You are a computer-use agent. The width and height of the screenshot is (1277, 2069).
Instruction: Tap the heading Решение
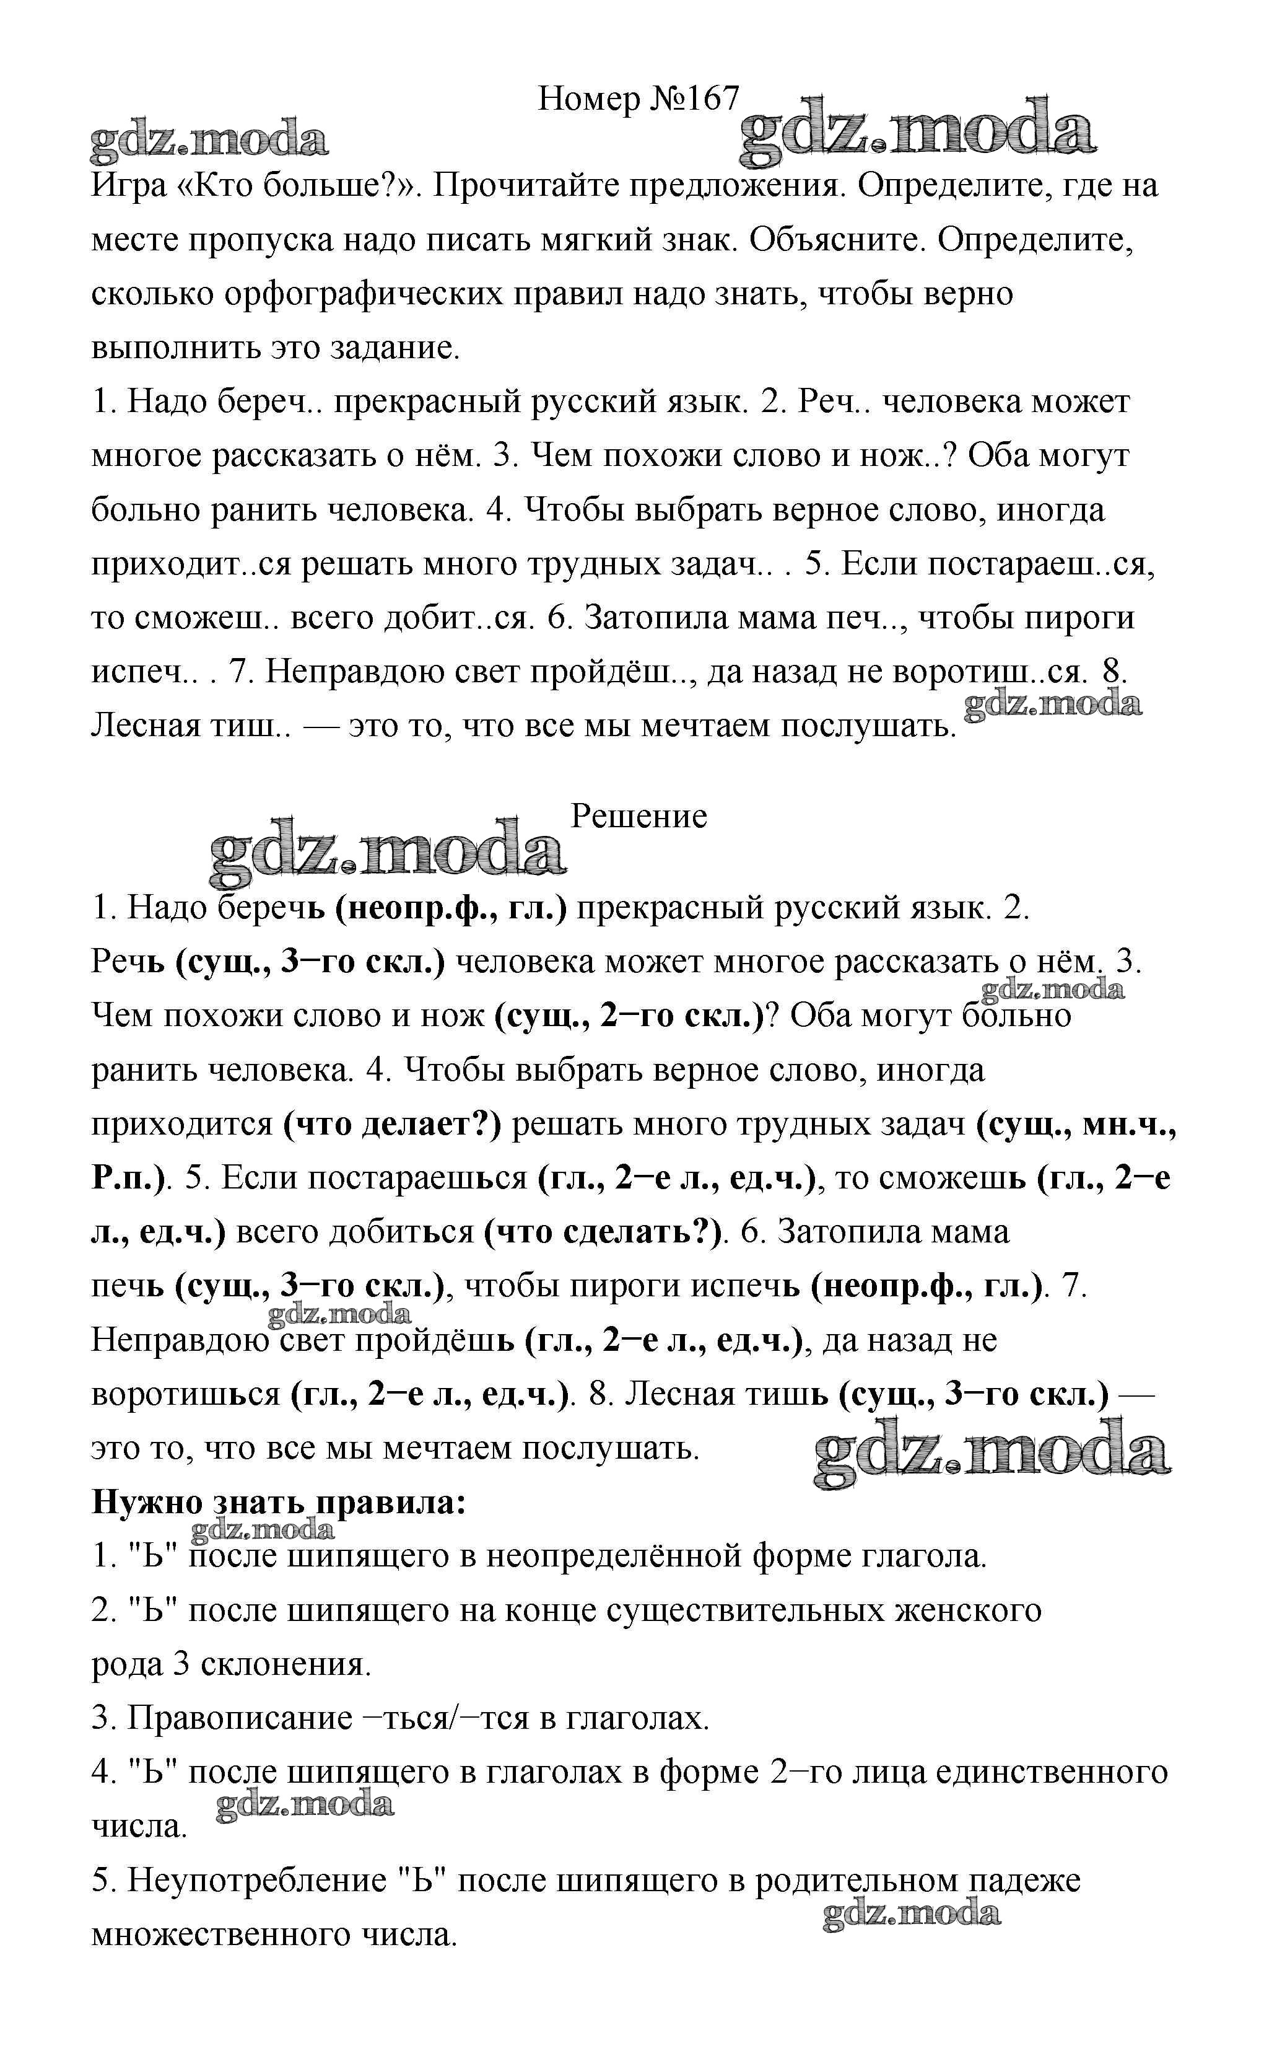(x=638, y=816)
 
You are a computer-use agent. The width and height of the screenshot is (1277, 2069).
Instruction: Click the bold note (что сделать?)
(x=604, y=1232)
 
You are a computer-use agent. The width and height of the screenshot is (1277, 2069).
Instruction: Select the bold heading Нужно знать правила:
(x=279, y=1502)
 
